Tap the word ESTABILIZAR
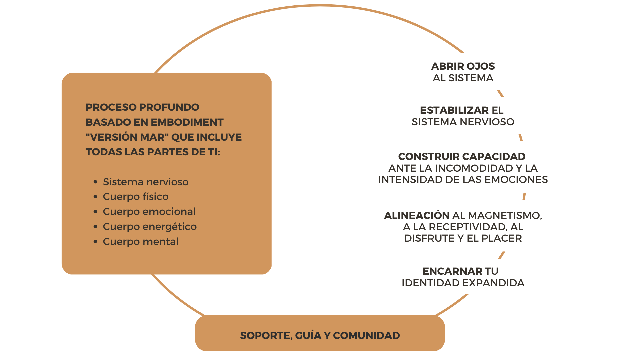pos(454,110)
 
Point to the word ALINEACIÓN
pos(417,216)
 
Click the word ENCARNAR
pos(452,271)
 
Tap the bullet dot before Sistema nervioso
pos(96,182)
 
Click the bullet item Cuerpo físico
pos(136,197)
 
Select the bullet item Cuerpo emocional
pos(149,212)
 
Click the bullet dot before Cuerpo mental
pos(96,242)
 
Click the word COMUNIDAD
pos(366,336)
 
